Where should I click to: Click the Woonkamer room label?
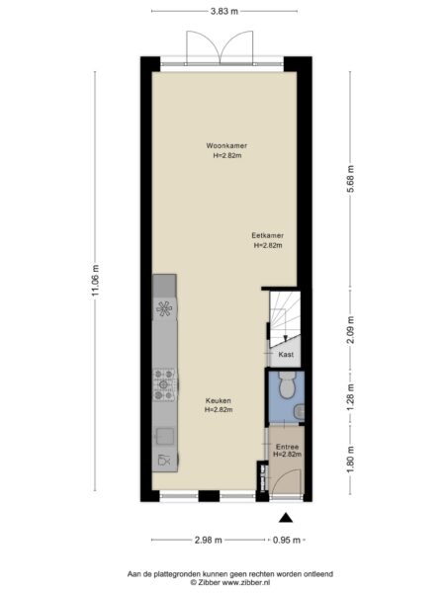[x=226, y=145]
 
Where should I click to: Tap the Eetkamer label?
[x=268, y=235]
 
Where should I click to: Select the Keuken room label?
[x=219, y=400]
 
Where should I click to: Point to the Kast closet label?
[x=286, y=355]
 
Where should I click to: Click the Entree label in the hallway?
[x=287, y=447]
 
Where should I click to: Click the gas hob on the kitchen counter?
[x=164, y=384]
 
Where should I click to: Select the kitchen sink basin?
[x=164, y=436]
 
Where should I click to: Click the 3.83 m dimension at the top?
[x=224, y=11]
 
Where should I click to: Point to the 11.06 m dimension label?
[x=95, y=280]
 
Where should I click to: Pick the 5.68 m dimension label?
[x=350, y=179]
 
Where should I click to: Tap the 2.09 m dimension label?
[x=350, y=329]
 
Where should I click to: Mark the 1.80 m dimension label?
[x=350, y=460]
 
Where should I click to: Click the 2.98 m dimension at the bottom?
[x=209, y=540]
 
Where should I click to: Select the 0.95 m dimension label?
[x=287, y=540]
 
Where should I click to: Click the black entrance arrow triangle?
[x=286, y=517]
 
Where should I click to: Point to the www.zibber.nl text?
[x=246, y=582]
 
